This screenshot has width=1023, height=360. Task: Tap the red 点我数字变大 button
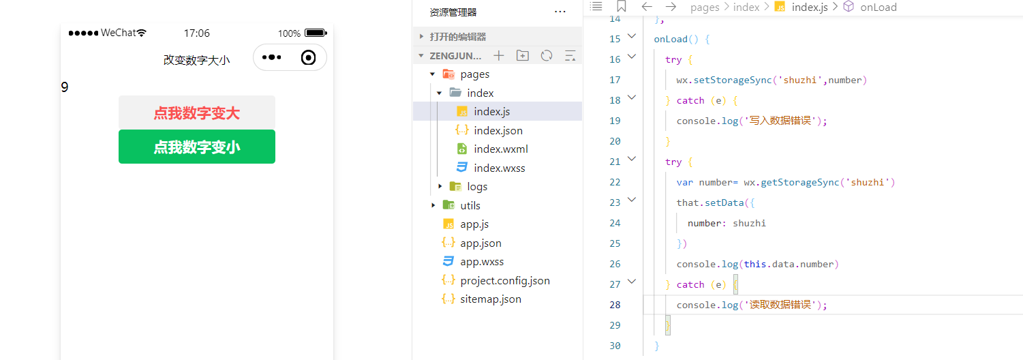pyautogui.click(x=196, y=113)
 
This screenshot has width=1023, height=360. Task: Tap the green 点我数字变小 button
pyautogui.click(x=196, y=147)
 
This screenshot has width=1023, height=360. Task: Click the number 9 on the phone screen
pyautogui.click(x=65, y=87)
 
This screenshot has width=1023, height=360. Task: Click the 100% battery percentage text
pyautogui.click(x=289, y=33)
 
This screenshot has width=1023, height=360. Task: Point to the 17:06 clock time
pyautogui.click(x=197, y=33)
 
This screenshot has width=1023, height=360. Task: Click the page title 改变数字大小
pyautogui.click(x=196, y=60)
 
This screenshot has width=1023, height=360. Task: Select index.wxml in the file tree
pyautogui.click(x=500, y=149)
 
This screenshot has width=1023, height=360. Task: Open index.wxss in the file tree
pyautogui.click(x=499, y=168)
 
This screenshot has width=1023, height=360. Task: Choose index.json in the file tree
pyautogui.click(x=498, y=130)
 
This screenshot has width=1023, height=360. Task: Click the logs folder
pyautogui.click(x=476, y=187)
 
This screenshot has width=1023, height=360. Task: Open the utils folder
pyautogui.click(x=470, y=205)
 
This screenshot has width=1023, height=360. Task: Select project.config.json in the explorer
pyautogui.click(x=504, y=280)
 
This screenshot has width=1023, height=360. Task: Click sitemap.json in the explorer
pyautogui.click(x=490, y=299)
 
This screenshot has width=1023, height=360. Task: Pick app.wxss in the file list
pyautogui.click(x=482, y=261)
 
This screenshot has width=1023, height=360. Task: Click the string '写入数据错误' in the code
pyautogui.click(x=786, y=121)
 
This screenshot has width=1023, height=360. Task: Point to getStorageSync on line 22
pyautogui.click(x=790, y=182)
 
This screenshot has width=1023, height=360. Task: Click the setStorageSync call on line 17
pyautogui.click(x=729, y=80)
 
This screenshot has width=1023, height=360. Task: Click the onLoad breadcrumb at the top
pyautogui.click(x=878, y=7)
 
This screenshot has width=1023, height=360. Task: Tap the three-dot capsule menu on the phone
pyautogui.click(x=271, y=57)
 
